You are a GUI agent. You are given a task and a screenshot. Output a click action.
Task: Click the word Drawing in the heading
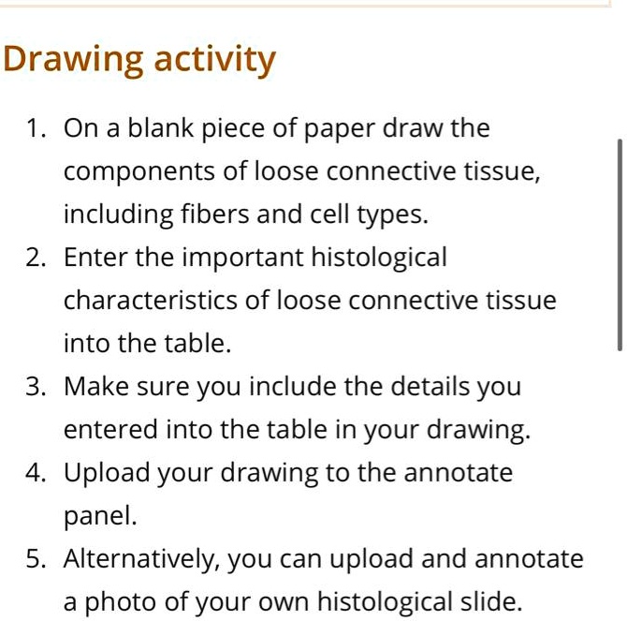tap(71, 61)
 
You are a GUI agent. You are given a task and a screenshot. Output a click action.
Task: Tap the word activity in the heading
tap(214, 61)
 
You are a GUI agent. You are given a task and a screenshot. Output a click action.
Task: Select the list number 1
tap(35, 129)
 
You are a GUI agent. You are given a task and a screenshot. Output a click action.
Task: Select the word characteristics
tap(145, 301)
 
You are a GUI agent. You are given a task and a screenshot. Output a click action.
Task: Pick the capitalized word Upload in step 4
tap(105, 474)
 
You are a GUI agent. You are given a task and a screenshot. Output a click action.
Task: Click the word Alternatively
tap(140, 560)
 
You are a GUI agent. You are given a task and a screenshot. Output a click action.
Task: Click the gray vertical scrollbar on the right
tap(619, 244)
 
